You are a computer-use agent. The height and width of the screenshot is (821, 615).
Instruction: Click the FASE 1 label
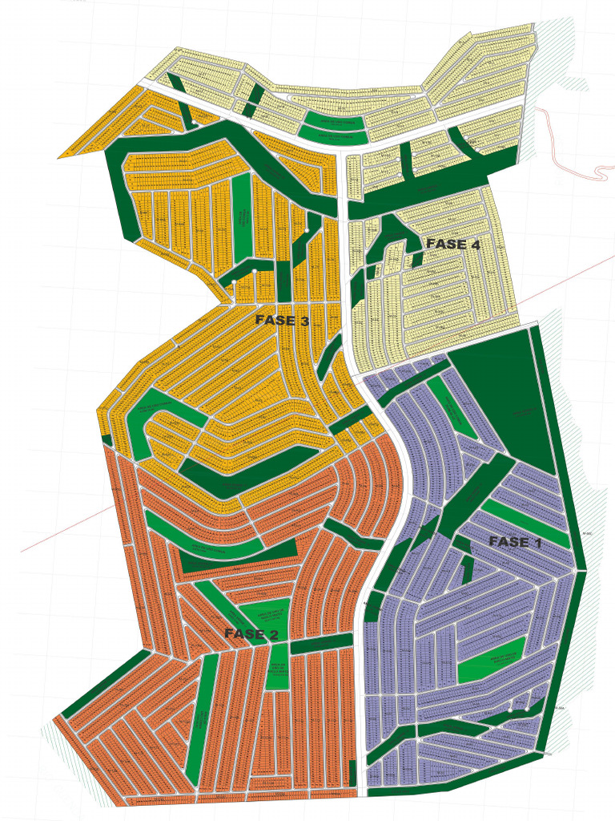(521, 542)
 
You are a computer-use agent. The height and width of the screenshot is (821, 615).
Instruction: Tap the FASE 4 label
(452, 244)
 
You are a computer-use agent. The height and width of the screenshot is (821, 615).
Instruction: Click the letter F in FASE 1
(493, 542)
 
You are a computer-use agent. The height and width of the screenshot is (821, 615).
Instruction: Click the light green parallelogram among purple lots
(490, 660)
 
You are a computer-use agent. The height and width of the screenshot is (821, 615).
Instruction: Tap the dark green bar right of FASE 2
(321, 643)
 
